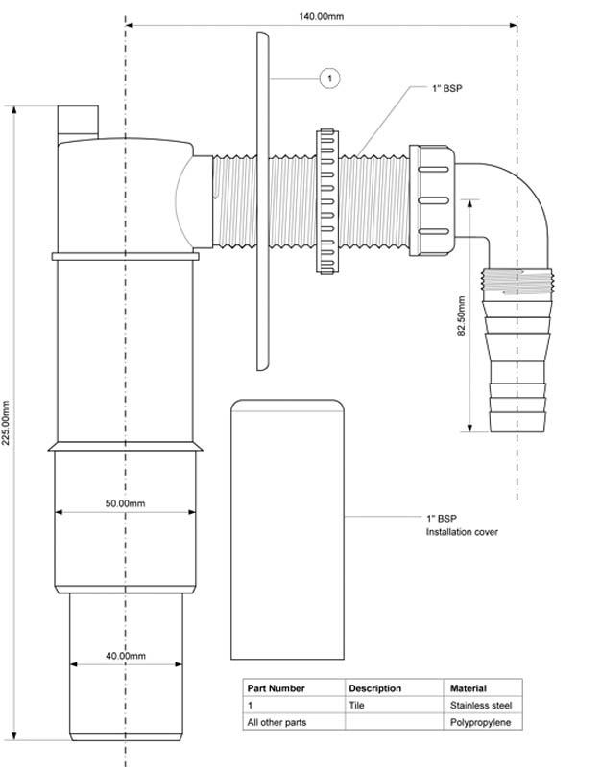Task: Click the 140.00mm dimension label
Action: click(324, 15)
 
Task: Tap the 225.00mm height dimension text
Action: click(8, 422)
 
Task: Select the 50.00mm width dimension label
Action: click(126, 503)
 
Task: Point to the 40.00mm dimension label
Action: click(126, 656)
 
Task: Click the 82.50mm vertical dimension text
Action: click(462, 315)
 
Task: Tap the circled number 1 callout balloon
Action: click(328, 77)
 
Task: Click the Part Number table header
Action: click(276, 688)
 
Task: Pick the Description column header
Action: click(375, 688)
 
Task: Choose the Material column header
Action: click(469, 688)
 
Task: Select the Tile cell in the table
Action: click(357, 705)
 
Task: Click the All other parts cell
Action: click(277, 721)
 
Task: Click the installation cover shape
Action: click(287, 527)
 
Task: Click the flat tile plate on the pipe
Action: click(262, 201)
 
